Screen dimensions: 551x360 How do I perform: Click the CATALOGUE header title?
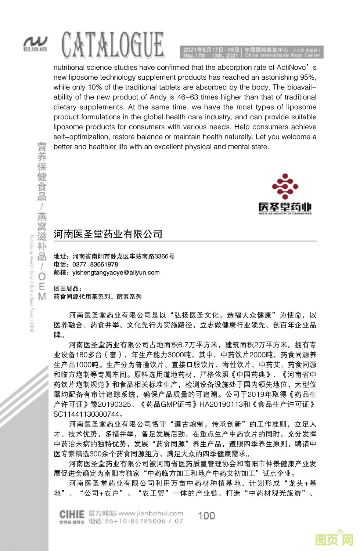click(112, 46)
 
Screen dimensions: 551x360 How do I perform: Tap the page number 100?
click(206, 515)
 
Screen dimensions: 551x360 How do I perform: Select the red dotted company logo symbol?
click(285, 187)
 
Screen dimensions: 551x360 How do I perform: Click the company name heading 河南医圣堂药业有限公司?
click(108, 234)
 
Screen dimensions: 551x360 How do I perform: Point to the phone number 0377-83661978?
click(95, 264)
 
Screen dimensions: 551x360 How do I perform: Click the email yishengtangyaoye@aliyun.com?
click(116, 272)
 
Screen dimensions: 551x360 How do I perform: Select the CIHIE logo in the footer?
click(72, 514)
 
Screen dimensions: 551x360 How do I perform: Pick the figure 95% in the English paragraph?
click(308, 77)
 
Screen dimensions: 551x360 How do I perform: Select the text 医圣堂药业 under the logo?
click(285, 208)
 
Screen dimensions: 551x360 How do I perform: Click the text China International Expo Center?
click(282, 55)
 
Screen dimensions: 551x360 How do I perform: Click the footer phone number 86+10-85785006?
click(135, 521)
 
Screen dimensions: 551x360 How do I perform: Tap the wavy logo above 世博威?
click(35, 41)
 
